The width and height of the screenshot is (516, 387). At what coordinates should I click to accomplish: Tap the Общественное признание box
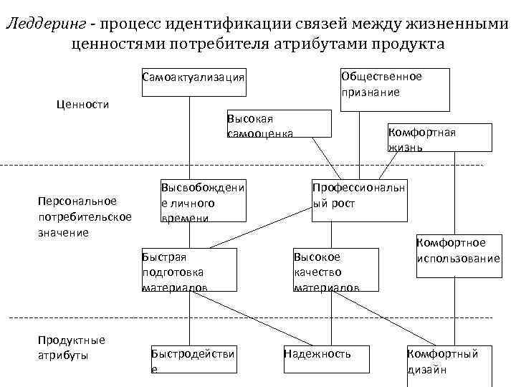395,85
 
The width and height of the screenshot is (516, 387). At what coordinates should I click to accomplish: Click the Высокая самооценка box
278,123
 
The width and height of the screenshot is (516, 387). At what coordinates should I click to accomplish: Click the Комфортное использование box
458,250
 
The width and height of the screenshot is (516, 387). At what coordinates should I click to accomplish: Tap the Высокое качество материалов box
335,271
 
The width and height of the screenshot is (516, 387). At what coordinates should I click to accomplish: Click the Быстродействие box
193,360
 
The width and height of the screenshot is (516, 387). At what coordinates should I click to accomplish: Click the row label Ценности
82,105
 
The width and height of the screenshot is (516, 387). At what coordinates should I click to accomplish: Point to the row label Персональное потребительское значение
84,216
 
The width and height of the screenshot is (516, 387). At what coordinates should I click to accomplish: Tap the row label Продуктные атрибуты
72,348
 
